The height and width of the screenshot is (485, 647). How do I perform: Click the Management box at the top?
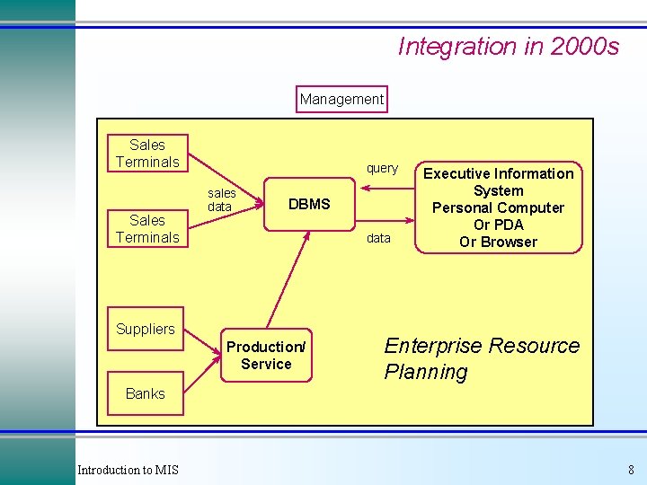point(341,99)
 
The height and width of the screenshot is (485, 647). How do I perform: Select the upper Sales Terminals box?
point(147,154)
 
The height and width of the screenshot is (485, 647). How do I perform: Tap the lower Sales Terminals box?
point(147,229)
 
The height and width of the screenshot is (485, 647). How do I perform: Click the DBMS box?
point(309,205)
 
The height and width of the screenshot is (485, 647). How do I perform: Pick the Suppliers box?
point(146,329)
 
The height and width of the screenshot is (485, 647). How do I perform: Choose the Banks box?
point(146,393)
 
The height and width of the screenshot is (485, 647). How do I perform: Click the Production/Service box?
point(266,356)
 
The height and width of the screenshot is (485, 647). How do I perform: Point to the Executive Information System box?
point(498,207)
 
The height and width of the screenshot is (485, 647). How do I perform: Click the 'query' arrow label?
point(382,168)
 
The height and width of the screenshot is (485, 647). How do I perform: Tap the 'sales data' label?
point(221,199)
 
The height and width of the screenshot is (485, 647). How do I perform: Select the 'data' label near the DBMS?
point(379,238)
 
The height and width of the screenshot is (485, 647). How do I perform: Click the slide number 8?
point(631,470)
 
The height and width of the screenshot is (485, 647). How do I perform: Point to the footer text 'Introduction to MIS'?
point(128,470)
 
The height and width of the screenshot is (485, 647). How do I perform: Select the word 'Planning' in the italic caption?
point(426,372)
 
